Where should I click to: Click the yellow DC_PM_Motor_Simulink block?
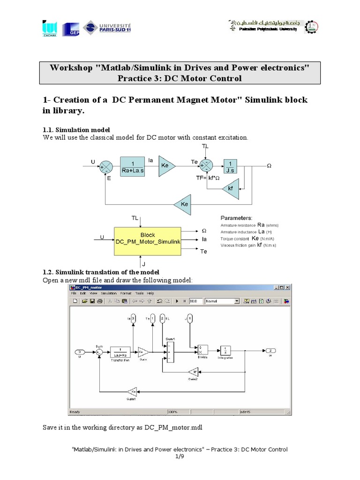(148, 241)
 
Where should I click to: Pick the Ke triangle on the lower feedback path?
(183, 204)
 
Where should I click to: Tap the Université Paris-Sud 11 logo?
(108, 28)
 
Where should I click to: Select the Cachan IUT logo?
(49, 29)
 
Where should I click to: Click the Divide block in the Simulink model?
(202, 350)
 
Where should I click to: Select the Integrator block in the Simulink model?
(225, 350)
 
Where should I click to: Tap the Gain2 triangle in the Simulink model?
(194, 372)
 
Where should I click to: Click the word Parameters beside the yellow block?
(236, 218)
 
